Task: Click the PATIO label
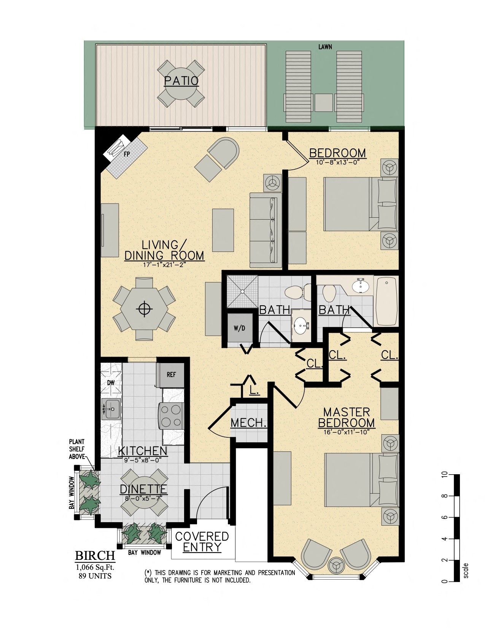[181, 81]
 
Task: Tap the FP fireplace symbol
[126, 154]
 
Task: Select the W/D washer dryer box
[239, 328]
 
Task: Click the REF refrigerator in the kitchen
[171, 375]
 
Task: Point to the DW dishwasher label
[111, 383]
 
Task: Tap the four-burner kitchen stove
[171, 416]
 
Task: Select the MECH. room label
[248, 423]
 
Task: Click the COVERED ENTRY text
[202, 542]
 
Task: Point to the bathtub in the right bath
[386, 301]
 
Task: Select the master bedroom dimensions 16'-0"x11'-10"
[346, 432]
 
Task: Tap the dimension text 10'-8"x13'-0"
[337, 162]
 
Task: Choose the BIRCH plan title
[95, 556]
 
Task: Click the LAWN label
[325, 47]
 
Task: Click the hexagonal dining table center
[144, 309]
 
